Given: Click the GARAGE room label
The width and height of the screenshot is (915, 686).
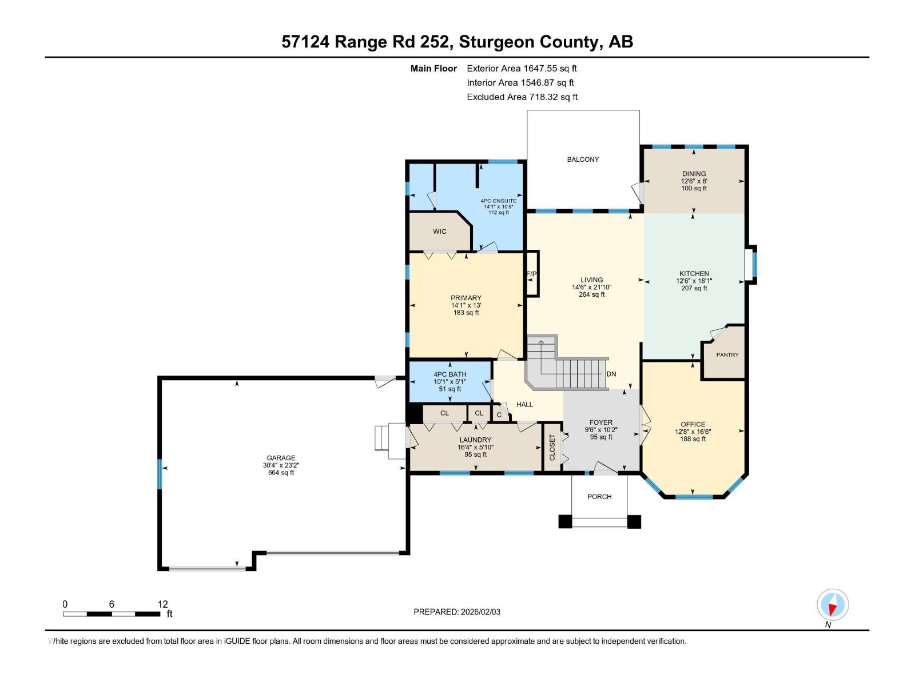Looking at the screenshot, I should point(281,458).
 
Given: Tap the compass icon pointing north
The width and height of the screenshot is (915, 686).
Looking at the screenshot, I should point(833,605).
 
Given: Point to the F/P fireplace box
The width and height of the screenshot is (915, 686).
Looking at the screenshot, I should point(532,274).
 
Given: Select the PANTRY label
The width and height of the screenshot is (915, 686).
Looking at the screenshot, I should point(727,355).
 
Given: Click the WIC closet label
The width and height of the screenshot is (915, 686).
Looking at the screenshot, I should point(439,232).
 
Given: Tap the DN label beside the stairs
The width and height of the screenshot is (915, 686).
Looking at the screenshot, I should point(611,374).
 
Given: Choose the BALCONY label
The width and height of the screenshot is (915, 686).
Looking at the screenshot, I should point(583,159).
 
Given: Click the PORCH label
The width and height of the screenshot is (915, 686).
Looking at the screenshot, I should point(599,497).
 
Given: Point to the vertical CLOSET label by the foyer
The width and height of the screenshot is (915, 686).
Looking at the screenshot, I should point(552,447).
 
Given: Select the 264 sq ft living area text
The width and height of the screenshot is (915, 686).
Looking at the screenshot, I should point(591,295).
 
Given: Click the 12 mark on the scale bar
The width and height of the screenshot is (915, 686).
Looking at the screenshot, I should point(163,604).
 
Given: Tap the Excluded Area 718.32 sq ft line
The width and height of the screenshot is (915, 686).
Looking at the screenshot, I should point(522,97).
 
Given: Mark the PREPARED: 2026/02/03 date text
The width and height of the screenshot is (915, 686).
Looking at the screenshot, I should point(457,612).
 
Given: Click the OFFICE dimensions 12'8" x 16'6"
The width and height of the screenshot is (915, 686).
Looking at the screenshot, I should point(693,432).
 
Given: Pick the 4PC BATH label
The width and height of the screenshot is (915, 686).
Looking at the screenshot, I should point(449,374).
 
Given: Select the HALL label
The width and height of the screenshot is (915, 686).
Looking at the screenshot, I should point(524,405).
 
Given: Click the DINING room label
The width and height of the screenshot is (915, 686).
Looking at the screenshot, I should point(694,174).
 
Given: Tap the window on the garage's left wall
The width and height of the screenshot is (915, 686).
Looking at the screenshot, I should point(160,473).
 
